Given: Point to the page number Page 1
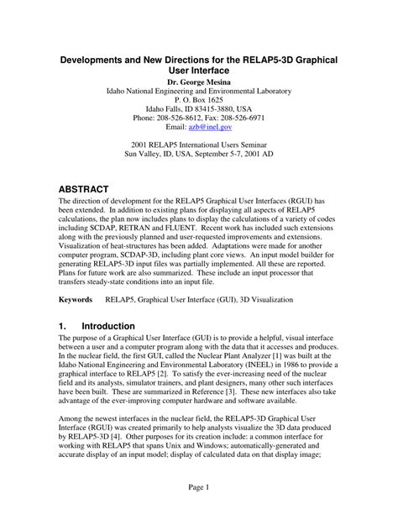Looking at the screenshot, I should pos(199,488).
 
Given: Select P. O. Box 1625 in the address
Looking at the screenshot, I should pos(199,98).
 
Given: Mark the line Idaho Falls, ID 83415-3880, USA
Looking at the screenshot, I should pos(199,108).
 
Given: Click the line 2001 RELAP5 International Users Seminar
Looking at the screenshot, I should pos(199,144).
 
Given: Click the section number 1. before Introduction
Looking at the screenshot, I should pos(64,325).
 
